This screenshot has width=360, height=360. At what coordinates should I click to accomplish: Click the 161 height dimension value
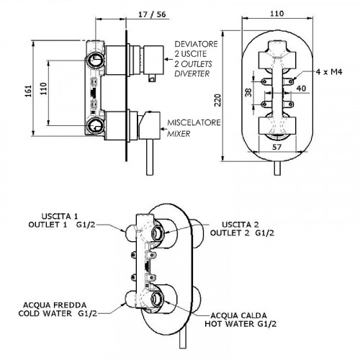(29, 91)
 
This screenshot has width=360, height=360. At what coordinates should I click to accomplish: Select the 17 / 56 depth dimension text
(152, 14)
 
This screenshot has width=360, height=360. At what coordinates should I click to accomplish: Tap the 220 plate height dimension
(217, 100)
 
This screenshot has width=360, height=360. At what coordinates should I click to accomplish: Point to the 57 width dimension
(276, 147)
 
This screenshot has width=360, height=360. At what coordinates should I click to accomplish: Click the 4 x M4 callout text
(329, 72)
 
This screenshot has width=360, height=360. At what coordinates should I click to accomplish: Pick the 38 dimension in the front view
(248, 92)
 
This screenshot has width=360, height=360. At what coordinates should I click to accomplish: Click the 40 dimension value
(301, 89)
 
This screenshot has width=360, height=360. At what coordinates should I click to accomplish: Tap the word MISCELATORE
(194, 122)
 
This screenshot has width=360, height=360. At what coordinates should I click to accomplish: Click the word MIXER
(179, 134)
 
